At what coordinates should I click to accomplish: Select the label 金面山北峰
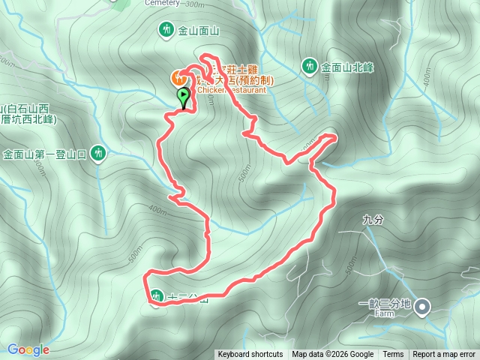click(347, 67)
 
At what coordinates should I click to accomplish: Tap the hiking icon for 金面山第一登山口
click(97, 154)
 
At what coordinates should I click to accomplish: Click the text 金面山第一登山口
click(43, 154)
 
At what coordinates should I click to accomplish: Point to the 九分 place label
click(372, 220)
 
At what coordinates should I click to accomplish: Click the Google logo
click(28, 349)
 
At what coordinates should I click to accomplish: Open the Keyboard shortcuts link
click(250, 355)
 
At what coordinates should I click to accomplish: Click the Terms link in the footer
click(393, 355)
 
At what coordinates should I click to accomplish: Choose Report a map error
click(444, 355)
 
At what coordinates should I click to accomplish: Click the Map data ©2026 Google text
click(332, 355)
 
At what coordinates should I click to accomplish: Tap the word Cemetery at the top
click(161, 3)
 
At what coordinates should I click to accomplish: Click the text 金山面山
click(198, 31)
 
